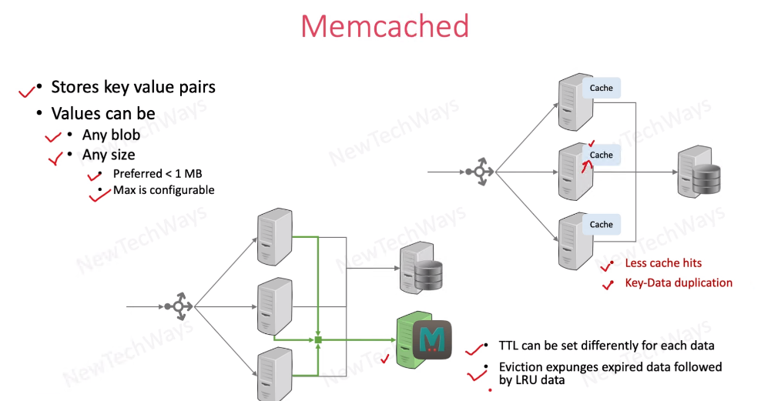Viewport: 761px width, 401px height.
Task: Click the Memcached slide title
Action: click(x=384, y=27)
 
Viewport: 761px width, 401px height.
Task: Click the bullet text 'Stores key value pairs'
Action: click(x=132, y=87)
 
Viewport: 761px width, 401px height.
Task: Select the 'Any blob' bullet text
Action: click(x=111, y=135)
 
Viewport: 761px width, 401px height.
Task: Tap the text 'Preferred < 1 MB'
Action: click(x=157, y=173)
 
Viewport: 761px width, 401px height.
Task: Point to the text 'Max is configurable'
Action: click(x=163, y=190)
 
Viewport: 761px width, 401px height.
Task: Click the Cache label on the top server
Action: click(x=601, y=88)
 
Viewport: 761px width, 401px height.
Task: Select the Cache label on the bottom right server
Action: click(x=601, y=224)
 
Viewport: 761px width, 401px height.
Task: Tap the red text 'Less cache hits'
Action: click(x=663, y=263)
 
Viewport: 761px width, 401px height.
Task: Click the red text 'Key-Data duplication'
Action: click(x=679, y=282)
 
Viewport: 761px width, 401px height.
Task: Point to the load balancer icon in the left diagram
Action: click(x=178, y=306)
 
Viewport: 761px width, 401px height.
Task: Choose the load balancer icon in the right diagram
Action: click(x=478, y=172)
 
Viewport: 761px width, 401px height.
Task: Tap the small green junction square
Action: click(x=317, y=339)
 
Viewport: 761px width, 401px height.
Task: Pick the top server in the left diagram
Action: click(x=274, y=234)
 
